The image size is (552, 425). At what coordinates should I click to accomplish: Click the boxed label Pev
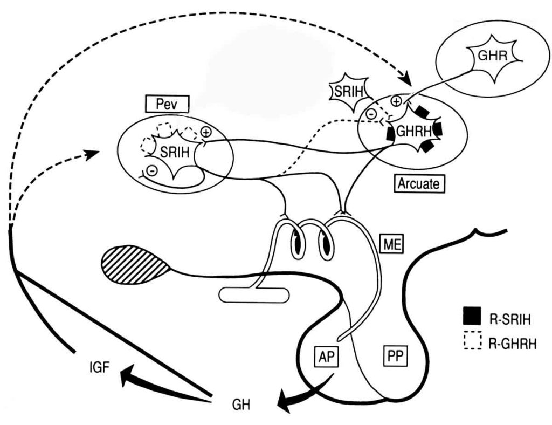click(167, 104)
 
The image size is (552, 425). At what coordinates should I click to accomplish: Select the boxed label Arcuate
click(419, 183)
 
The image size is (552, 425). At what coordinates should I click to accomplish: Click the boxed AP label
click(326, 357)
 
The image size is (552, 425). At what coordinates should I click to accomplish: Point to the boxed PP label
click(395, 357)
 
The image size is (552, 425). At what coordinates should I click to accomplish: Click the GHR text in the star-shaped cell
click(493, 56)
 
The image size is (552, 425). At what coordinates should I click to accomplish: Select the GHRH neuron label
click(414, 132)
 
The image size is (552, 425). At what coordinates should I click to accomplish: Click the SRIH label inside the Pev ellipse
click(175, 152)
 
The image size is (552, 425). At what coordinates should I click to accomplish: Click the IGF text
click(100, 368)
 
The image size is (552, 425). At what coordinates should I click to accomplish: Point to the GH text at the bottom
click(241, 405)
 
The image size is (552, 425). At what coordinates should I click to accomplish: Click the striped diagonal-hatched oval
click(135, 265)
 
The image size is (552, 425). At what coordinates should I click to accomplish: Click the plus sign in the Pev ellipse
click(206, 132)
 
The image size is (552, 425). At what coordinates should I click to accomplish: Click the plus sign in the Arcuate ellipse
click(396, 102)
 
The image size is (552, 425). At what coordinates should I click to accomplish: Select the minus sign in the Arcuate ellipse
click(370, 113)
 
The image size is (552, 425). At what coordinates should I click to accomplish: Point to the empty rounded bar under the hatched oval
click(254, 295)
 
